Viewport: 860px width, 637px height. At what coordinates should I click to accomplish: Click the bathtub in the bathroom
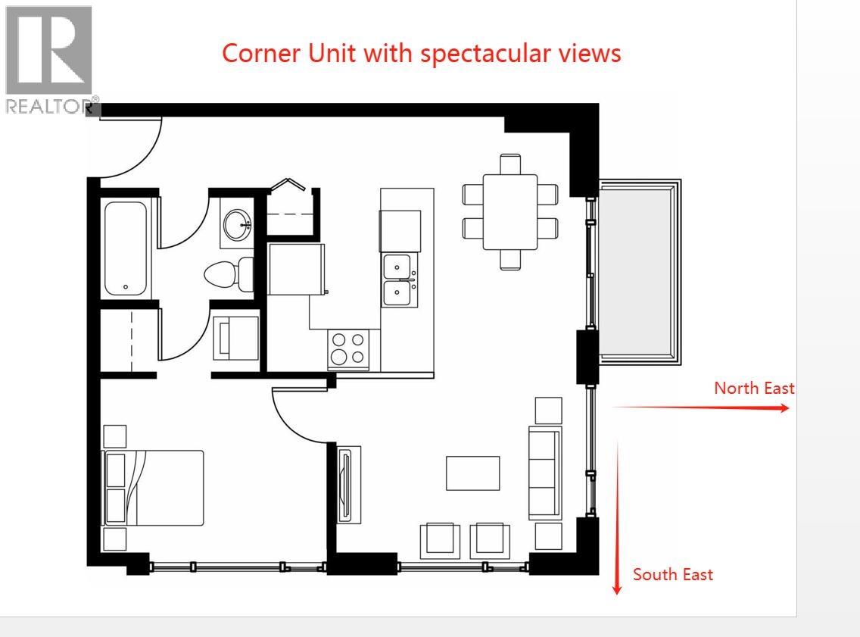[x=126, y=248]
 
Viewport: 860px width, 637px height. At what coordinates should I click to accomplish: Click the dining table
[x=510, y=211]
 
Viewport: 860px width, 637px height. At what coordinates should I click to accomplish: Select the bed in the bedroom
[x=154, y=488]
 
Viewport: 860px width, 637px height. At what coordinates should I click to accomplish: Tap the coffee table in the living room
[x=472, y=473]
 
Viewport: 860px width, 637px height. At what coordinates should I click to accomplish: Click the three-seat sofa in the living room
[x=544, y=473]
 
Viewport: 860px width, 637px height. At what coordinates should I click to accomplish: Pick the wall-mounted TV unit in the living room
[x=347, y=484]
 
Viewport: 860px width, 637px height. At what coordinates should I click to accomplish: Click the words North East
[x=754, y=388]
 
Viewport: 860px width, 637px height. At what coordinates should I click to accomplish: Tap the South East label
[x=672, y=574]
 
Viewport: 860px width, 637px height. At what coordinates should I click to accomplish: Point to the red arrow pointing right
[x=700, y=407]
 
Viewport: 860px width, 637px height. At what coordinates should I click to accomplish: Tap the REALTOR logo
[x=50, y=59]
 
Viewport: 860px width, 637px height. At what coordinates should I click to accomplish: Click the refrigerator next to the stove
[x=297, y=269]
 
